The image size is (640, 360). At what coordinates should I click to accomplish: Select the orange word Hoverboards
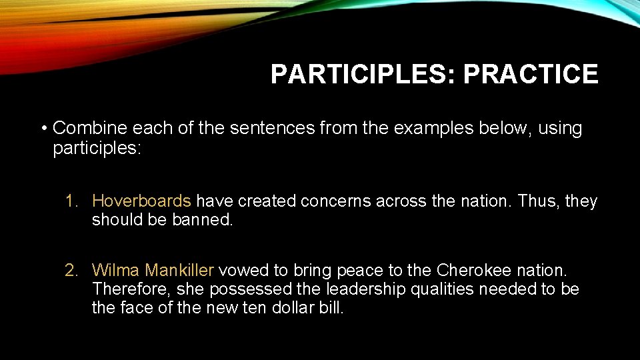coord(141,201)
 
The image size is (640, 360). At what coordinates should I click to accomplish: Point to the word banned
coord(204,220)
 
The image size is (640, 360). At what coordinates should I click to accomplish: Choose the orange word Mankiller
coord(179,271)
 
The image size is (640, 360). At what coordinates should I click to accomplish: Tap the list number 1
coord(71,201)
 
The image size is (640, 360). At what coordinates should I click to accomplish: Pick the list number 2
coord(71,271)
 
